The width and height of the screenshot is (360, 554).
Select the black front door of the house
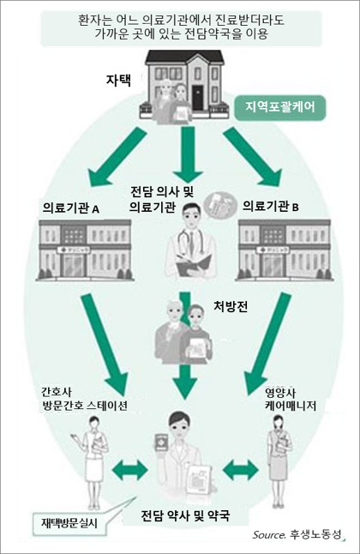(x=197, y=98)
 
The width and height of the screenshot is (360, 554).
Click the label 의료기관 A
(x=71, y=208)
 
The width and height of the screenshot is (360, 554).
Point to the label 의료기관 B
(x=271, y=206)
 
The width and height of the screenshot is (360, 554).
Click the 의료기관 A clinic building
(x=85, y=250)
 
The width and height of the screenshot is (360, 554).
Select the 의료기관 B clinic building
(x=285, y=250)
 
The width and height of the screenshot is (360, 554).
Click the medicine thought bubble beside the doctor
(x=220, y=205)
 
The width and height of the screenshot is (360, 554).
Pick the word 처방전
(x=231, y=306)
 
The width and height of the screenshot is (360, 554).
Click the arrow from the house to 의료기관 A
(x=117, y=157)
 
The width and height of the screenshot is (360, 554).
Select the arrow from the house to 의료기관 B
(x=253, y=157)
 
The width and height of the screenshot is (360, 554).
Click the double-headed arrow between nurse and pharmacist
(x=129, y=470)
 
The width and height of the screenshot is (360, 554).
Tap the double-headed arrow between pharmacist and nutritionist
(x=241, y=470)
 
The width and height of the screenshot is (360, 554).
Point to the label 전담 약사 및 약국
(x=185, y=515)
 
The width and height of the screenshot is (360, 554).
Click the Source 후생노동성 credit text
(x=297, y=534)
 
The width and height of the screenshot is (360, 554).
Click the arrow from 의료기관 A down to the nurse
(x=105, y=344)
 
